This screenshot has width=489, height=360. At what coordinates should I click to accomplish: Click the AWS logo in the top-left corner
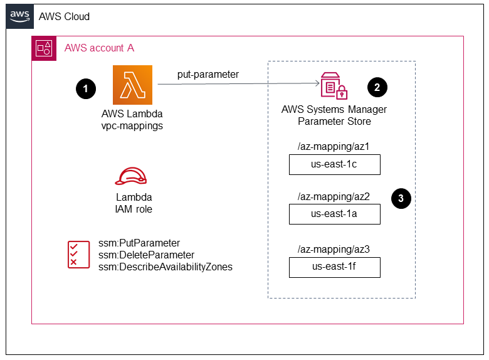click(x=19, y=16)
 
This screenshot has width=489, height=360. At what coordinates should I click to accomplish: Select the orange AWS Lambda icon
click(x=132, y=85)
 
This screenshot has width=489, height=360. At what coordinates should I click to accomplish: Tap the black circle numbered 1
click(x=85, y=89)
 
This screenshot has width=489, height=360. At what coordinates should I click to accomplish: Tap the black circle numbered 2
click(x=377, y=87)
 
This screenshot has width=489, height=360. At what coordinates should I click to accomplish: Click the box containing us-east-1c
click(x=335, y=165)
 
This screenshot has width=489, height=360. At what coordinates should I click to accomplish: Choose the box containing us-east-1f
click(x=335, y=268)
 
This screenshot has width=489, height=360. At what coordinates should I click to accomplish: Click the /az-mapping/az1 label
click(x=334, y=147)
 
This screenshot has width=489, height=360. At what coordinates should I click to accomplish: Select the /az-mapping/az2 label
click(x=334, y=197)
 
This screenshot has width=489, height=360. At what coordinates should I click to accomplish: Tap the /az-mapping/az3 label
click(x=334, y=250)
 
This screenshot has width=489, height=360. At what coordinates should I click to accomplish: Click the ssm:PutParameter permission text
click(x=139, y=243)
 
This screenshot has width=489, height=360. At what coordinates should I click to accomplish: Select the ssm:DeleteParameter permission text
click(x=146, y=255)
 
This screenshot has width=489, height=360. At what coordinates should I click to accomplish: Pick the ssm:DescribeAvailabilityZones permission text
click(x=166, y=267)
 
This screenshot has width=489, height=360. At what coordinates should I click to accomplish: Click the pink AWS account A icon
click(x=44, y=48)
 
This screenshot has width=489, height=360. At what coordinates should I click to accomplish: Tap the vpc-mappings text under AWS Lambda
click(x=132, y=125)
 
